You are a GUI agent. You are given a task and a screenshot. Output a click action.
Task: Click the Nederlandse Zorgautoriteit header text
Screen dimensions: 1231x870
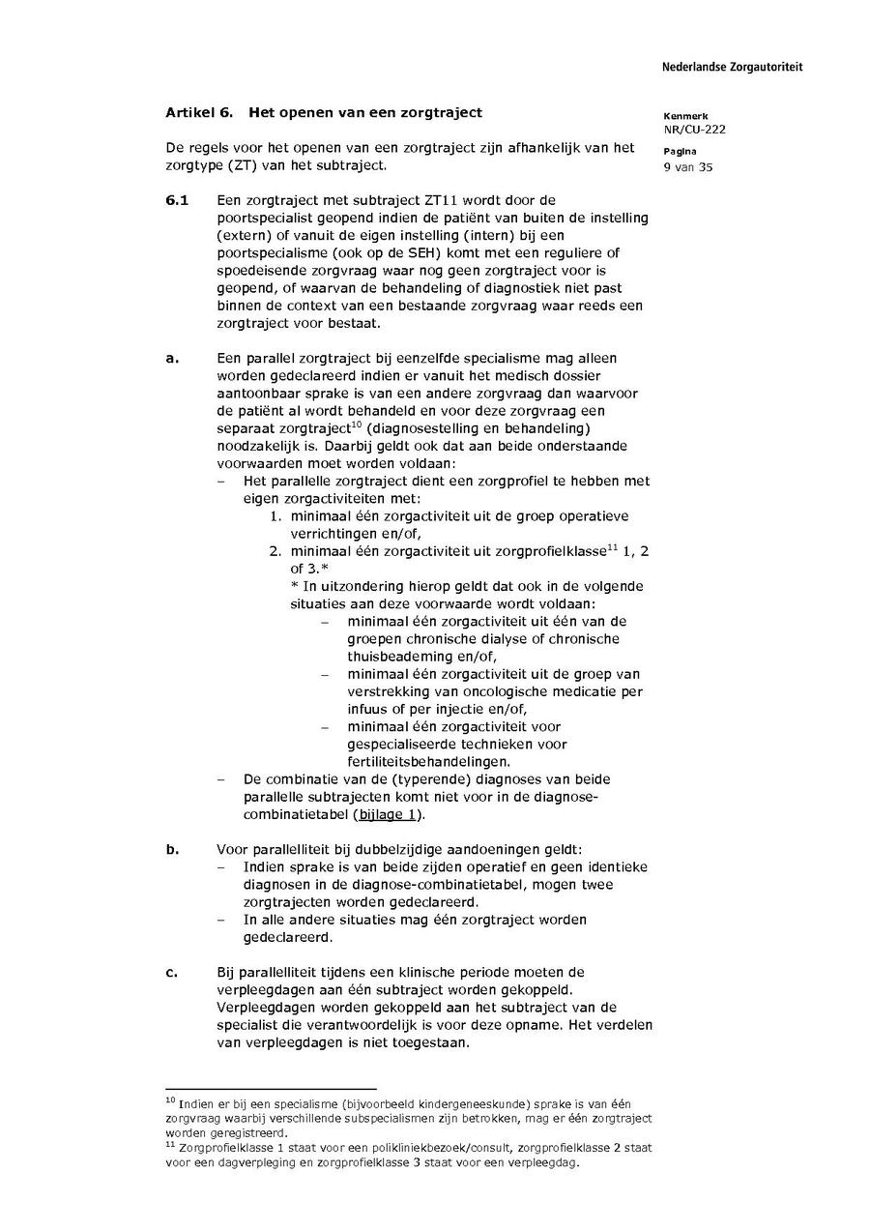pyautogui.click(x=732, y=67)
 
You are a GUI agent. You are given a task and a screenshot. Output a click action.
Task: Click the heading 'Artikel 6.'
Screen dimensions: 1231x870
pyautogui.click(x=199, y=112)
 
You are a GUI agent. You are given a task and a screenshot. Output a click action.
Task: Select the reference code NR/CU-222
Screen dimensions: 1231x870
pyautogui.click(x=694, y=130)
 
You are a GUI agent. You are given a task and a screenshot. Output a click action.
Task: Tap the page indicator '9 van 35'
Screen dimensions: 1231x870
pyautogui.click(x=688, y=166)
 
